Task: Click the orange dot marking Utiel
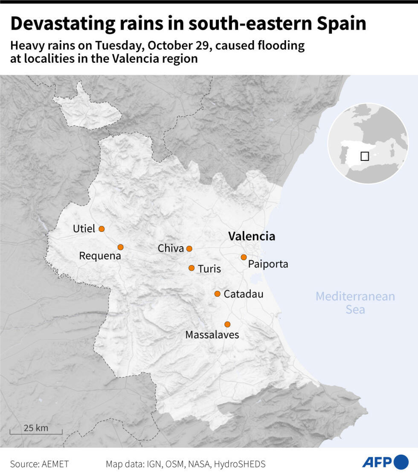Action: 102,229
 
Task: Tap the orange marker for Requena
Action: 121,247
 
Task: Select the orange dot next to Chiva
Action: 189,249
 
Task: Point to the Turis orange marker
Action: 192,268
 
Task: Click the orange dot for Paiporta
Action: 244,257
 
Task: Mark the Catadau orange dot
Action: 218,294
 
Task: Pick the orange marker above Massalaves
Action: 227,324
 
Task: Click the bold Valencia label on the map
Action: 252,237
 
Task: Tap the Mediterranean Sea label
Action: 355,303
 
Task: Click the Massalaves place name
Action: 212,335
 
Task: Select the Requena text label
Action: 100,256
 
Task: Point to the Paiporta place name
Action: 268,264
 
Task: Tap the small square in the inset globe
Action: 365,156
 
